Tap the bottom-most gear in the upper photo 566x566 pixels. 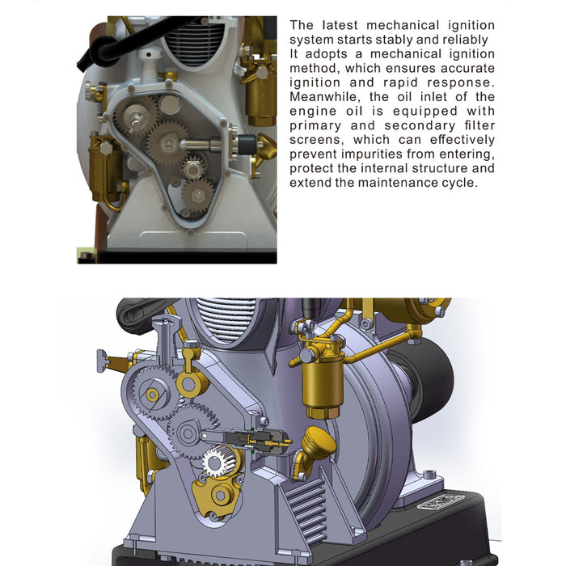click(x=197, y=196)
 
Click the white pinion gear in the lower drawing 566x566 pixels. click(x=218, y=461)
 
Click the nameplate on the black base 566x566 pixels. click(x=441, y=502)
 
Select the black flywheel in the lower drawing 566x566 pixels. click(x=426, y=382)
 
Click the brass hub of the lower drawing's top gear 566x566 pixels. click(x=152, y=395)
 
